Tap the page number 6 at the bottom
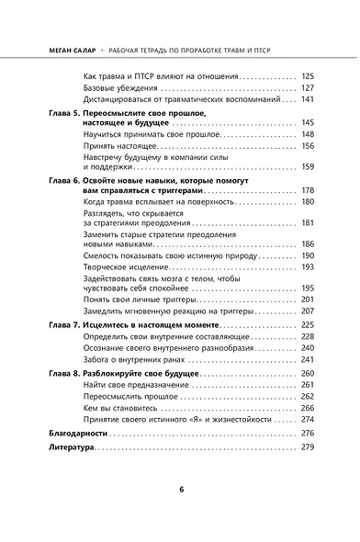pos(181,488)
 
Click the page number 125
pos(308,76)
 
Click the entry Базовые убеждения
pos(117,87)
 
